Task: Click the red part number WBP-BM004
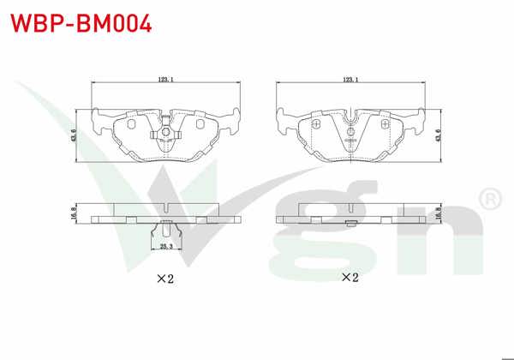point(81,23)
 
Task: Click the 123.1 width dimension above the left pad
point(165,80)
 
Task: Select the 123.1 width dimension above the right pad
point(350,80)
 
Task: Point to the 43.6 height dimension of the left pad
point(73,135)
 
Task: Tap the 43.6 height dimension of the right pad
point(439,135)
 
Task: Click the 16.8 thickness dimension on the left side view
point(73,213)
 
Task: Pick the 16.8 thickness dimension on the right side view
point(439,213)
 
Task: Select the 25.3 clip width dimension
point(166,246)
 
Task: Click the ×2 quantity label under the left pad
point(165,279)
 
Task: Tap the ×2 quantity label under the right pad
point(350,278)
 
